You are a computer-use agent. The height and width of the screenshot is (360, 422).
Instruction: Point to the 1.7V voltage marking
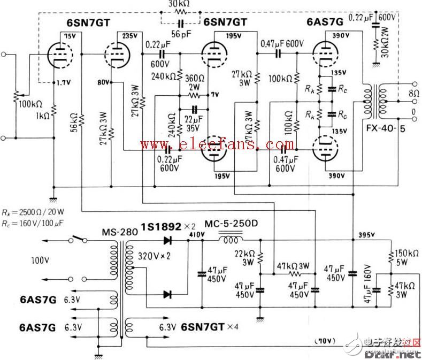(64, 83)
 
